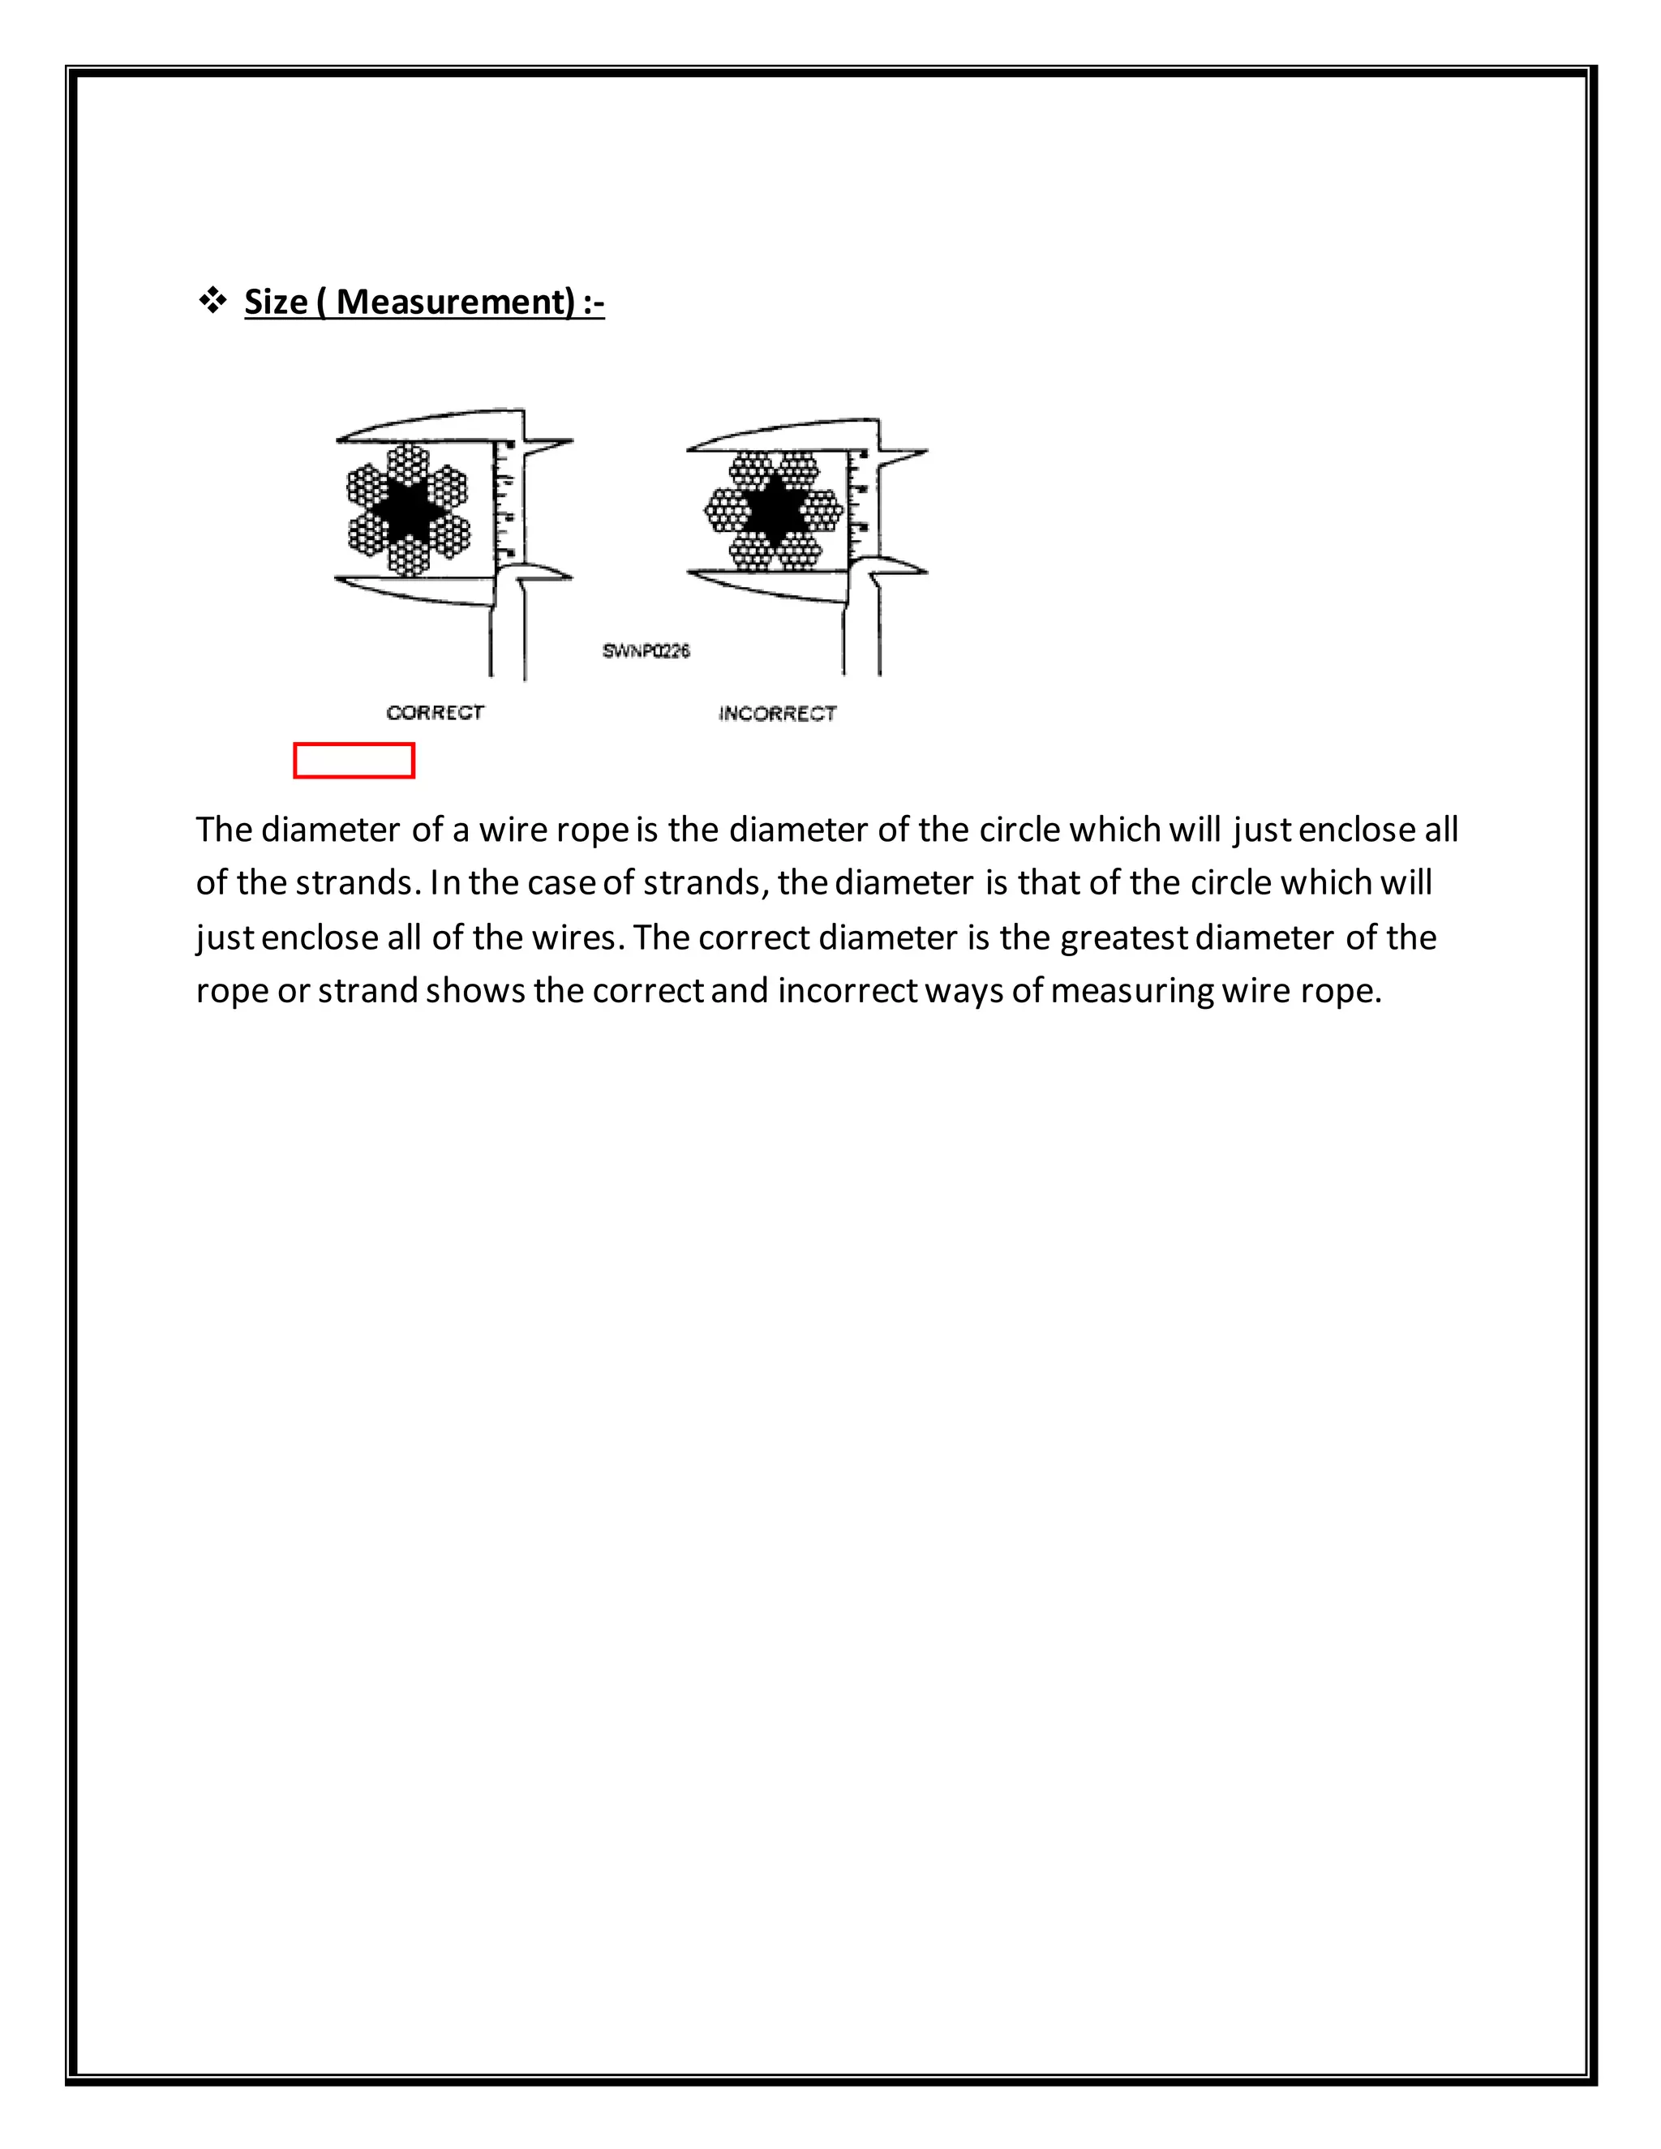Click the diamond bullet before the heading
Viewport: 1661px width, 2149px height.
212,300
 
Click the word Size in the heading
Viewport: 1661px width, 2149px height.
276,301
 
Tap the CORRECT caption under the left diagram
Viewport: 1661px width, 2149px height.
435,712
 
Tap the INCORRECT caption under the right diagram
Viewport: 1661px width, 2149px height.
777,714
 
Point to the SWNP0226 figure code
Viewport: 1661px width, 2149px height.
646,650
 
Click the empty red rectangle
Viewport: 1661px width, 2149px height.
354,761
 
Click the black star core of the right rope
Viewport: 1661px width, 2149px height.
775,508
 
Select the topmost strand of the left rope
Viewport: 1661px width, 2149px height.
407,462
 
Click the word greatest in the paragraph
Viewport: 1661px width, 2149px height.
1125,937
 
